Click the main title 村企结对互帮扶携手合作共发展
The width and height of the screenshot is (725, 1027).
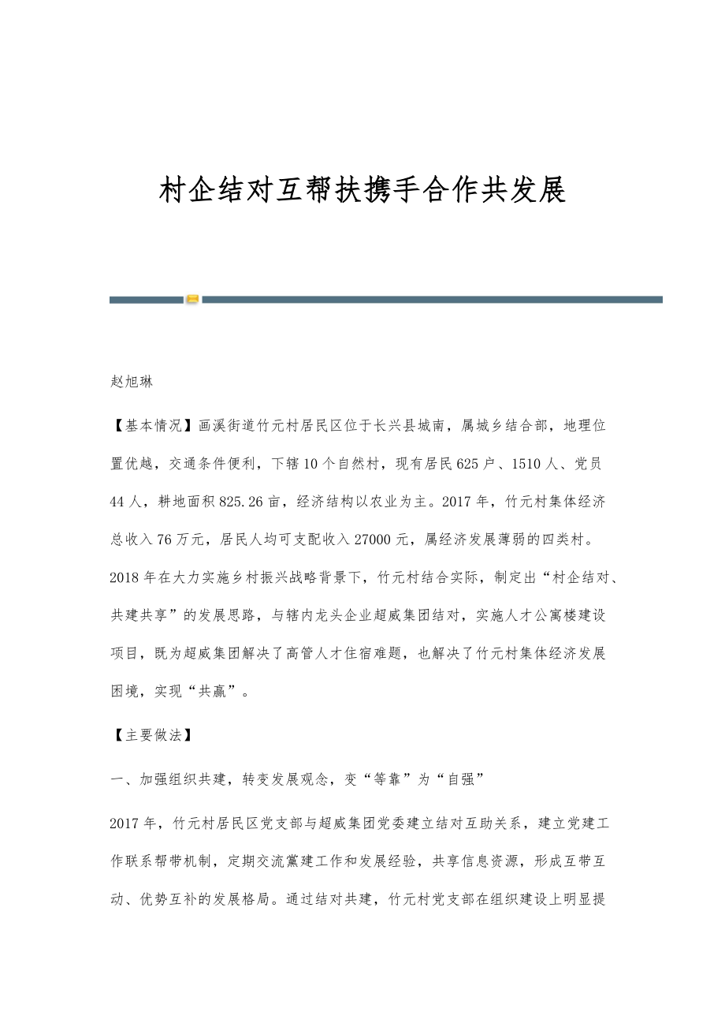click(362, 190)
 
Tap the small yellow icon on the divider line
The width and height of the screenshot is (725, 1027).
click(192, 300)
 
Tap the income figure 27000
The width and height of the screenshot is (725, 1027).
click(383, 540)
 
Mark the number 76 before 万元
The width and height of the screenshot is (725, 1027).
click(165, 540)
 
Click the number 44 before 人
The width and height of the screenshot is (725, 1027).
click(118, 502)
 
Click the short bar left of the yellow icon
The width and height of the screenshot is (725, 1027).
click(146, 300)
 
